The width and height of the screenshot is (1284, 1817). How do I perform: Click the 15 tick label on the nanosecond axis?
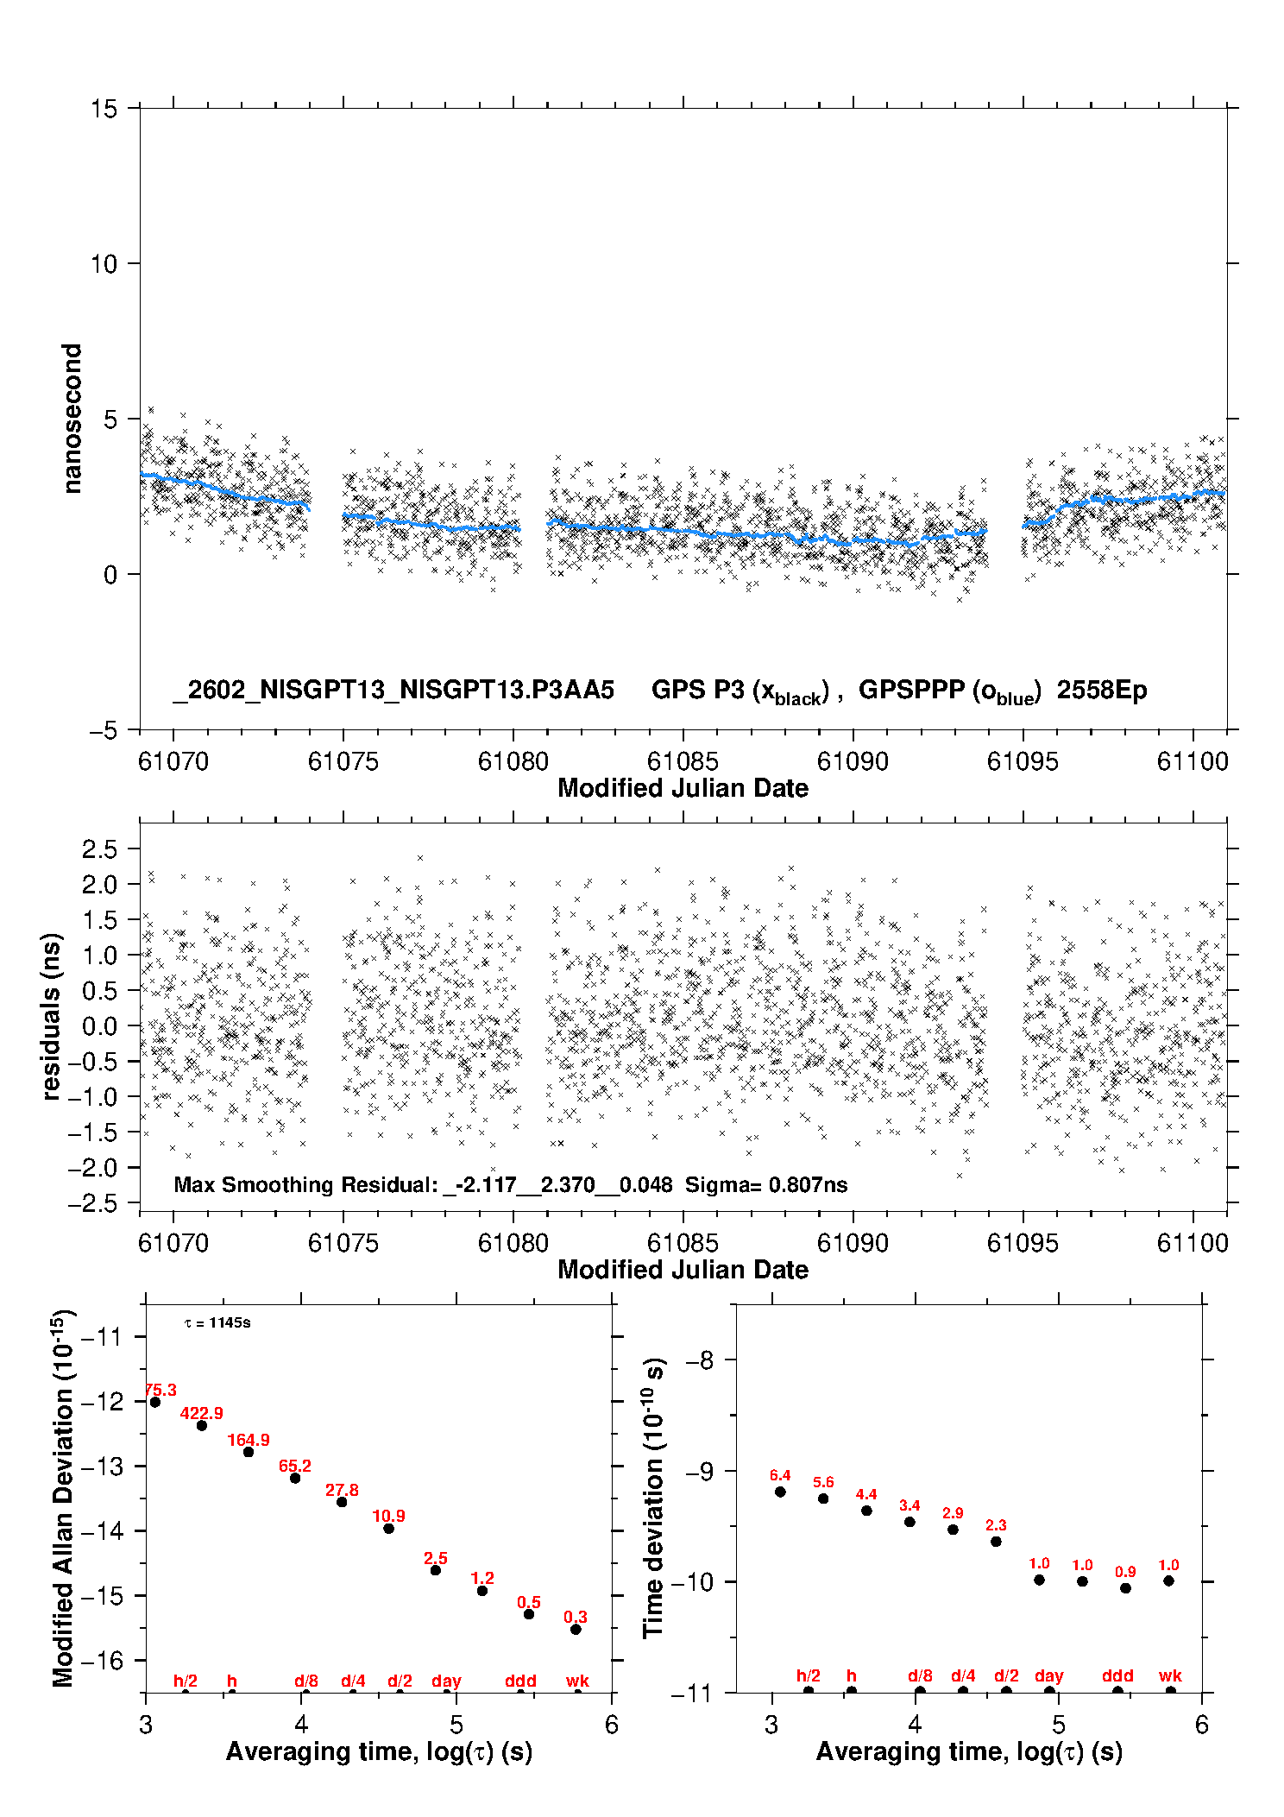pyautogui.click(x=104, y=109)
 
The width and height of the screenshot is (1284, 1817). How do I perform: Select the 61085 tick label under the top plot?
pyautogui.click(x=683, y=761)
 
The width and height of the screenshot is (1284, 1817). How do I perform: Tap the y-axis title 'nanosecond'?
pyautogui.click(x=72, y=418)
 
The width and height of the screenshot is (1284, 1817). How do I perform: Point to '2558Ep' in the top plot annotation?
pyautogui.click(x=1102, y=691)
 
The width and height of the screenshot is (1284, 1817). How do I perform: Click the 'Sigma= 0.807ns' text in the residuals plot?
pyautogui.click(x=766, y=1185)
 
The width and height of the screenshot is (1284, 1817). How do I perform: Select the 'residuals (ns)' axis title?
pyautogui.click(x=52, y=1017)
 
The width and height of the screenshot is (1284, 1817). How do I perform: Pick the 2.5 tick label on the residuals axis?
pyautogui.click(x=99, y=849)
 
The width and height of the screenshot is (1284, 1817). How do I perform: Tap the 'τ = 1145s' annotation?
pyautogui.click(x=217, y=1323)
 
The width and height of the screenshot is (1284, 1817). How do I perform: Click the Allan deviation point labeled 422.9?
pyautogui.click(x=202, y=1425)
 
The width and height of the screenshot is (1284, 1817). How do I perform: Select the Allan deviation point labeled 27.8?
pyautogui.click(x=342, y=1502)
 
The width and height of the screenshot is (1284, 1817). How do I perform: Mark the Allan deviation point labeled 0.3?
pyautogui.click(x=576, y=1630)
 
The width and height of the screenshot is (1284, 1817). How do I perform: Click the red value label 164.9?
pyautogui.click(x=249, y=1440)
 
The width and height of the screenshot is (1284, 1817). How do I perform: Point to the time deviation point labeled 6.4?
pyautogui.click(x=780, y=1492)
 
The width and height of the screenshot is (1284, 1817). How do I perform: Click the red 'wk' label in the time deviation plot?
pyautogui.click(x=1170, y=1675)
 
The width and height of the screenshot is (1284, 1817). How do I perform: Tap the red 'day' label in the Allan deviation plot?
pyautogui.click(x=446, y=1681)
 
